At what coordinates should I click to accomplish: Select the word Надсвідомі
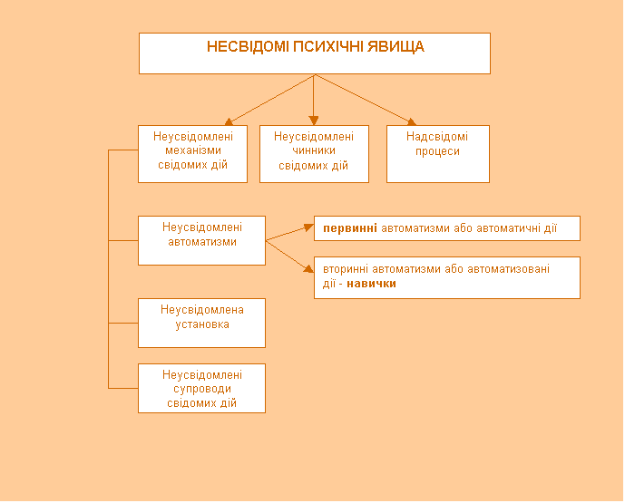437,137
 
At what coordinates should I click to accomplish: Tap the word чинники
313,151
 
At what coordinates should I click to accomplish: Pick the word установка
202,324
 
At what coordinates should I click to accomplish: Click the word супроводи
202,389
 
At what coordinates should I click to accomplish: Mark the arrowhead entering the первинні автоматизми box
308,227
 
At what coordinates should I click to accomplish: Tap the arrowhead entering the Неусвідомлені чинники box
314,121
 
